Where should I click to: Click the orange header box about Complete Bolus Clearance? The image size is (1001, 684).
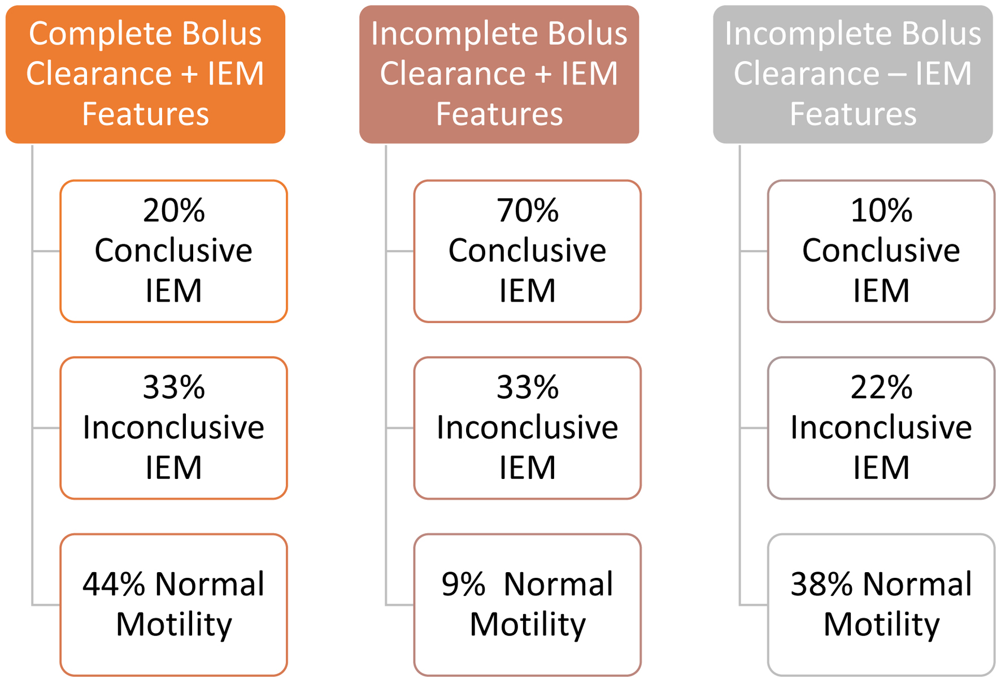(x=145, y=74)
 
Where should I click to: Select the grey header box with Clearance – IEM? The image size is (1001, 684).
(x=852, y=74)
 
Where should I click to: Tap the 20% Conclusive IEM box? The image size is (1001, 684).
(x=173, y=251)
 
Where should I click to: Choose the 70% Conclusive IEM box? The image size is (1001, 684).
(x=527, y=251)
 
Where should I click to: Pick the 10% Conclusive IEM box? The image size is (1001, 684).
(x=881, y=251)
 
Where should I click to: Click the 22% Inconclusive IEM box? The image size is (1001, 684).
(x=881, y=428)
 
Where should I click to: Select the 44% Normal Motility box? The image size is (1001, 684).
(x=173, y=605)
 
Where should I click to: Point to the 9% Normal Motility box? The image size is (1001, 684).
(x=527, y=605)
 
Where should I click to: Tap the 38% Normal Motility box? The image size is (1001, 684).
(x=881, y=605)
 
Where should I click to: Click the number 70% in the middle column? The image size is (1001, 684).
(x=528, y=211)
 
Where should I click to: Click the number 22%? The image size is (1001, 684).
(x=881, y=387)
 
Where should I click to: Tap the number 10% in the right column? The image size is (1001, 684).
(x=881, y=211)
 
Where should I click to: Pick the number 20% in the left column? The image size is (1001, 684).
(x=174, y=211)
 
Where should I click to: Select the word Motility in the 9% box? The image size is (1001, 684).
(x=528, y=625)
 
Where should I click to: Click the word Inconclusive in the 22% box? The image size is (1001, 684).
(x=881, y=428)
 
